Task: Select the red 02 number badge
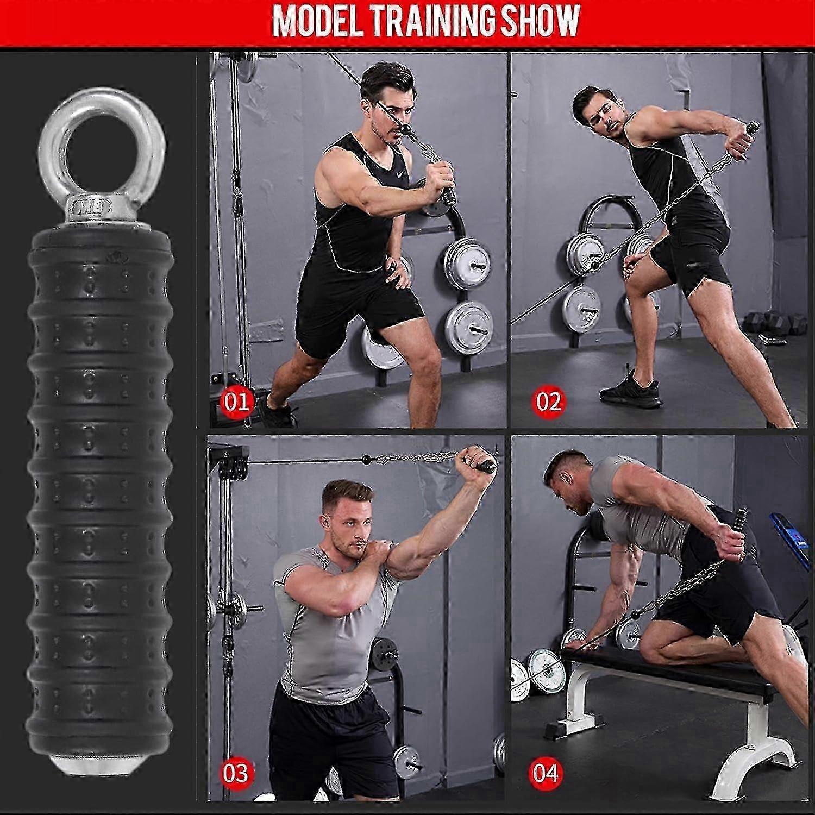(x=548, y=402)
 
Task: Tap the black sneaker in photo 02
(x=632, y=390)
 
